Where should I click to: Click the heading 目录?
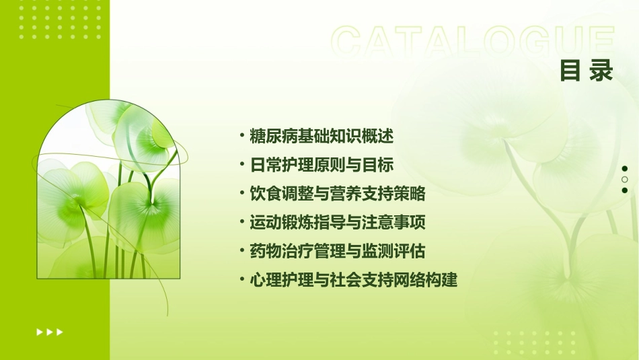tap(587, 71)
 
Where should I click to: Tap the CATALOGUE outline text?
tap(473, 42)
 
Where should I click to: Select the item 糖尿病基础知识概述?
tap(321, 136)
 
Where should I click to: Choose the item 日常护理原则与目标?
tap(321, 165)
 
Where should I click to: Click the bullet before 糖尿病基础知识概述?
tap(242, 136)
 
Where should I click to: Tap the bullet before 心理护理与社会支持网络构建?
tap(242, 279)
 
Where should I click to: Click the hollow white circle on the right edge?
tap(625, 180)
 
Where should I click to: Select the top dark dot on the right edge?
tap(625, 169)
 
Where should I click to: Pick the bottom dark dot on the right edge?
tap(625, 190)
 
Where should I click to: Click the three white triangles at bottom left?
tap(50, 332)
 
